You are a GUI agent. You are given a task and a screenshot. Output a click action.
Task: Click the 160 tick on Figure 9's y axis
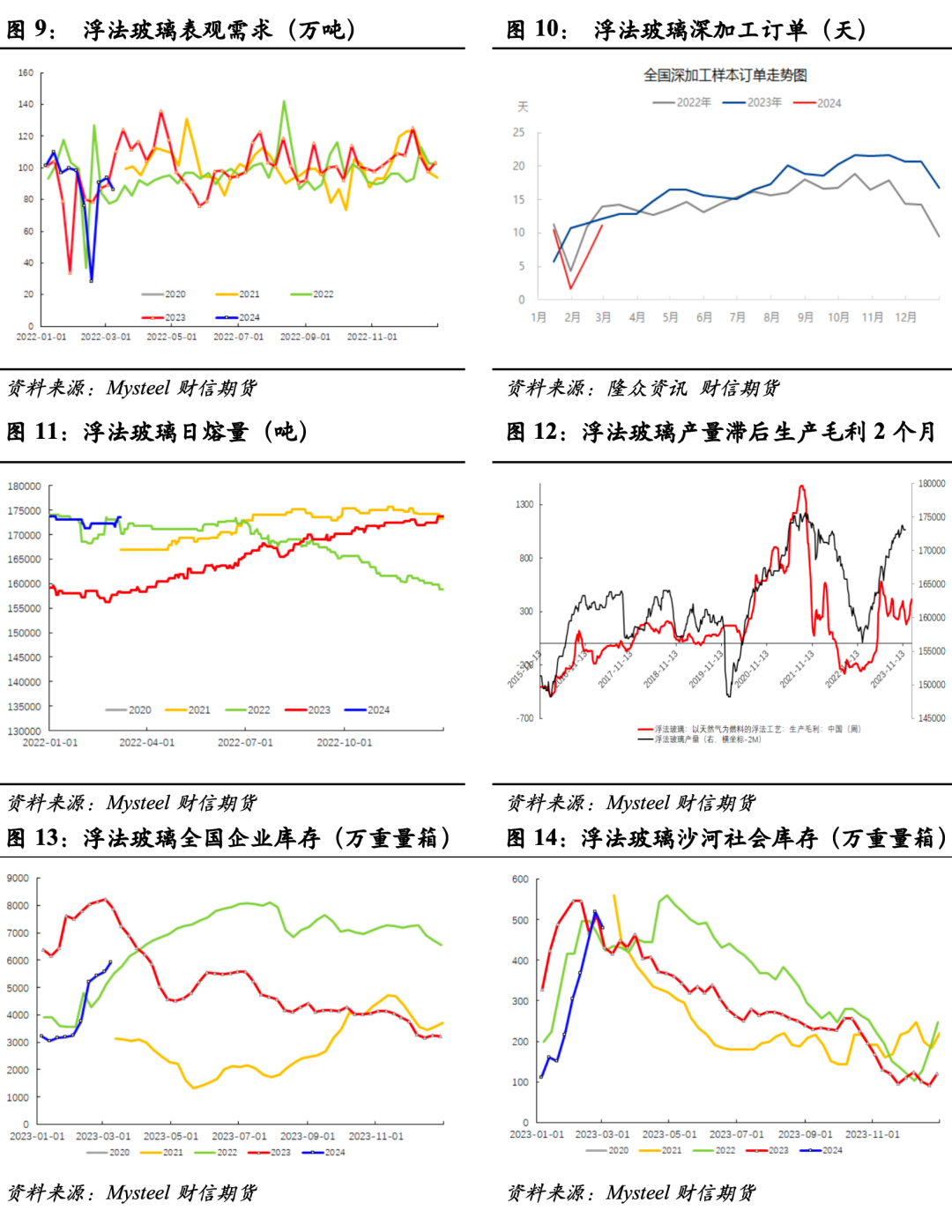pyautogui.click(x=26, y=73)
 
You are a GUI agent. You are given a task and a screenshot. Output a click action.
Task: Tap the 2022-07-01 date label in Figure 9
pyautogui.click(x=238, y=337)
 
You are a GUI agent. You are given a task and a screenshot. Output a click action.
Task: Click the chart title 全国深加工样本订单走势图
pyautogui.click(x=725, y=76)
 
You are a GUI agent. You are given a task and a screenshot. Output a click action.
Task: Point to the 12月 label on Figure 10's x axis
pyautogui.click(x=905, y=317)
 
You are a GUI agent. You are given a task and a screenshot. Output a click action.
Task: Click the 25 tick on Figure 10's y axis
pyautogui.click(x=518, y=132)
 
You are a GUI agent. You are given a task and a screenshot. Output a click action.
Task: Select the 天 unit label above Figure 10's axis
pyautogui.click(x=522, y=107)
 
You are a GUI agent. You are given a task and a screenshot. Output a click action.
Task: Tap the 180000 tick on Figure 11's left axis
pyautogui.click(x=25, y=486)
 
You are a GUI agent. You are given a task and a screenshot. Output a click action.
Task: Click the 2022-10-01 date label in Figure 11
pyautogui.click(x=344, y=743)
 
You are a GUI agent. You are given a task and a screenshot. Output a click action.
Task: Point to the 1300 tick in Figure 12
pyautogui.click(x=524, y=505)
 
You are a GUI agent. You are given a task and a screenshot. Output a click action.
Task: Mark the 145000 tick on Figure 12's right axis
pyautogui.click(x=932, y=718)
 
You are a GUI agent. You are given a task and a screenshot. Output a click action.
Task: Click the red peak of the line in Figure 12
pyautogui.click(x=801, y=486)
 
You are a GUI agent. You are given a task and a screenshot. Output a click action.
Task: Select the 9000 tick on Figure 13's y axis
pyautogui.click(x=18, y=879)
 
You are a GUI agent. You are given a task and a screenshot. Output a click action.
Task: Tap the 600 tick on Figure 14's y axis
pyautogui.click(x=520, y=880)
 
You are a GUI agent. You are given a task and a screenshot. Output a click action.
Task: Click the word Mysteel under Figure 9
pyautogui.click(x=138, y=388)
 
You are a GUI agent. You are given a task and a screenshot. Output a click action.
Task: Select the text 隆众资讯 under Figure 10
pyautogui.click(x=646, y=388)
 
